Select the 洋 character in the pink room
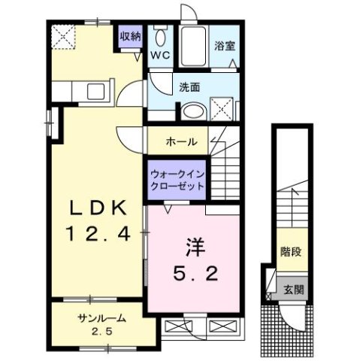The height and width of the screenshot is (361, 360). (x=192, y=246)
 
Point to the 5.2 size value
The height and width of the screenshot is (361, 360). (x=192, y=275)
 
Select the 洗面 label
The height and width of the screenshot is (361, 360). (x=189, y=87)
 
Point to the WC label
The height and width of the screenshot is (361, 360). (x=161, y=55)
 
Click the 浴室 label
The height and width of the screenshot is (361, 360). (x=225, y=45)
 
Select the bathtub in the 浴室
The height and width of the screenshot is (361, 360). (x=198, y=47)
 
